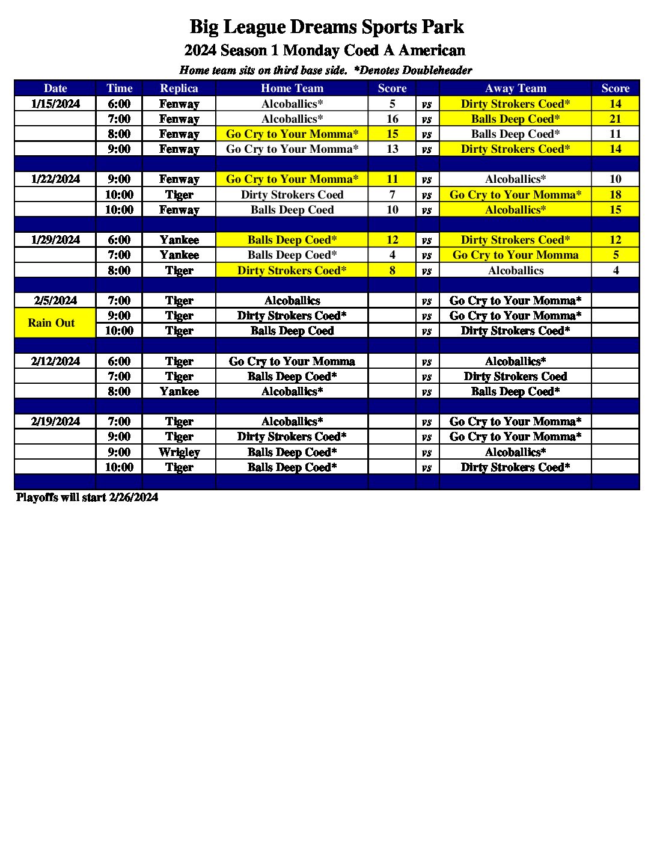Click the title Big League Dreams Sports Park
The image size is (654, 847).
click(x=326, y=27)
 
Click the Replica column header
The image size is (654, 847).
click(x=179, y=88)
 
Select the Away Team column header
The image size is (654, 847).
click(x=515, y=88)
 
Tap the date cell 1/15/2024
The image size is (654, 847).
click(x=55, y=103)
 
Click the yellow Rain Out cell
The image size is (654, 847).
click(x=52, y=323)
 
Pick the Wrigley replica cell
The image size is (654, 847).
click(x=179, y=452)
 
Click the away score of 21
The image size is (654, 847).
click(x=615, y=119)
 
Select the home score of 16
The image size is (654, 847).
click(x=392, y=119)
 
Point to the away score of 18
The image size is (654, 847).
click(x=615, y=194)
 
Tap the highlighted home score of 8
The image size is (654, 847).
click(x=392, y=270)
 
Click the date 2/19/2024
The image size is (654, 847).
click(x=55, y=421)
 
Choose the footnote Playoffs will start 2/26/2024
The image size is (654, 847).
click(x=87, y=497)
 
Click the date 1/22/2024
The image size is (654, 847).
click(x=55, y=179)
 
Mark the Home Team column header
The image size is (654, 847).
click(x=292, y=88)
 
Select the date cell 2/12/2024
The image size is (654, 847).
click(x=55, y=361)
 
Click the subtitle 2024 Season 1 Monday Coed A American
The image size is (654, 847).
click(x=325, y=50)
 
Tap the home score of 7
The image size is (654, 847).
click(x=392, y=194)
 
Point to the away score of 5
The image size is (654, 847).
click(x=615, y=255)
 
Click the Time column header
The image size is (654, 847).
click(x=119, y=88)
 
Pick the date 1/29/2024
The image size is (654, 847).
click(x=55, y=239)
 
